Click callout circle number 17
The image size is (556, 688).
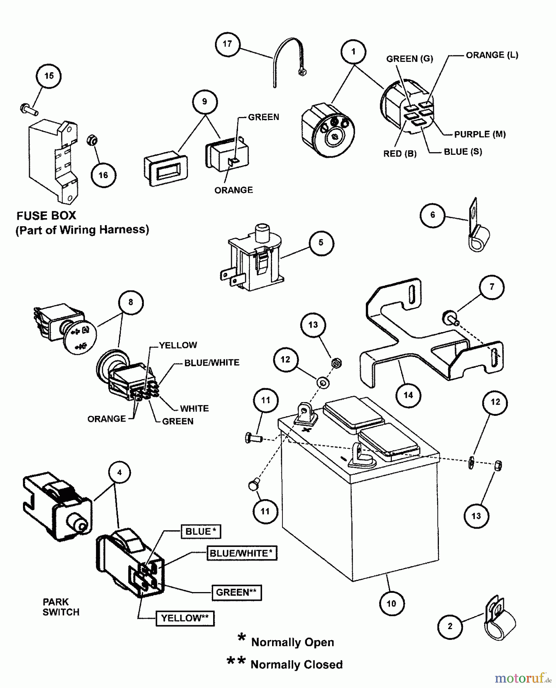227,44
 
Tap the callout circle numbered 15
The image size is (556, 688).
49,76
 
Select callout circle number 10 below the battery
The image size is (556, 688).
391,603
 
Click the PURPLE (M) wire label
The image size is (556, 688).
480,134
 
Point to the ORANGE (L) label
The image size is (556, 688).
492,55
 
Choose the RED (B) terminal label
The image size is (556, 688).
400,154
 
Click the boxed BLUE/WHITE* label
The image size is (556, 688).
241,553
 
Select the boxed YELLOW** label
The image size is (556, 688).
185,618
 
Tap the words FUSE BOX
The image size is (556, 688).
46,216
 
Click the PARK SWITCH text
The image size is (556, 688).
61,607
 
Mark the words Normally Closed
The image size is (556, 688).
296,664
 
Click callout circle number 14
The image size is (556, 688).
408,395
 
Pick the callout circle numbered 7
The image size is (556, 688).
492,287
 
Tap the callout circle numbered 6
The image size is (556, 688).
432,215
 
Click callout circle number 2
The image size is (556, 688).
450,626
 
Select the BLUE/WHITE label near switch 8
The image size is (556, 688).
212,362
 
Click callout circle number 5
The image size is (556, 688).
321,242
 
